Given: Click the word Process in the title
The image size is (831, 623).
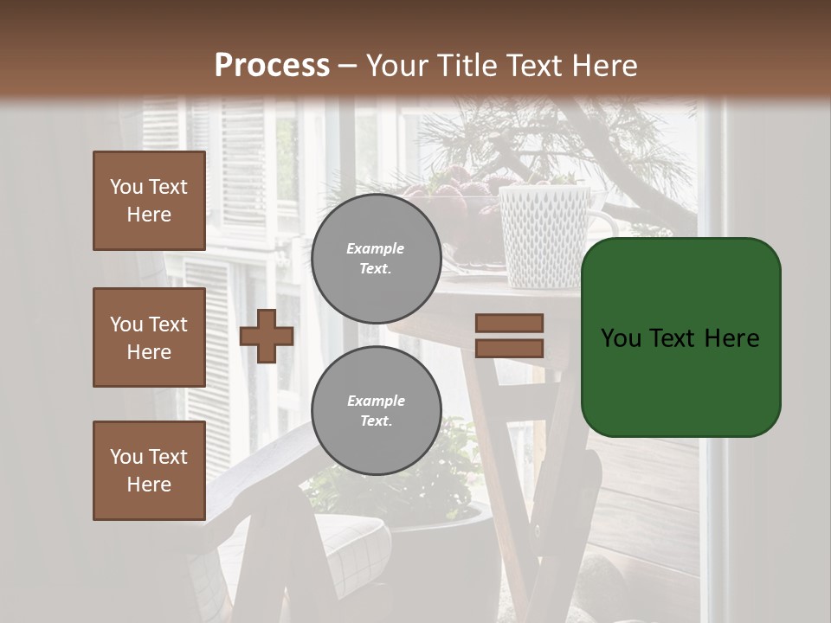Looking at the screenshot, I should [272, 66].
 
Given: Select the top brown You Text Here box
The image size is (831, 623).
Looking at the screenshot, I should [149, 201].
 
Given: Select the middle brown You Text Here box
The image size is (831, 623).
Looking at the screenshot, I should [149, 337].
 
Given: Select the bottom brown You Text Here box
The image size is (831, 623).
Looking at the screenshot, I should [149, 471].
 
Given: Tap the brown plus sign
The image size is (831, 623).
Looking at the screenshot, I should [266, 336].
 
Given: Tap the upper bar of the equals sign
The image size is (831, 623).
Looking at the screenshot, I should [509, 323].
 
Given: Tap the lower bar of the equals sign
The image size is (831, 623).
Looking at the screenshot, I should [509, 349].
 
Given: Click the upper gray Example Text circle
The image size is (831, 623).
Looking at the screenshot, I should [376, 258].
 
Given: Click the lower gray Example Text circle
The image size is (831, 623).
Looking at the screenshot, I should [376, 410].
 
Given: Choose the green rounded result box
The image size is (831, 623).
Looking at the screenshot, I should [680, 337].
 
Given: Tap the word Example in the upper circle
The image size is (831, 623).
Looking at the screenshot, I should [375, 248].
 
